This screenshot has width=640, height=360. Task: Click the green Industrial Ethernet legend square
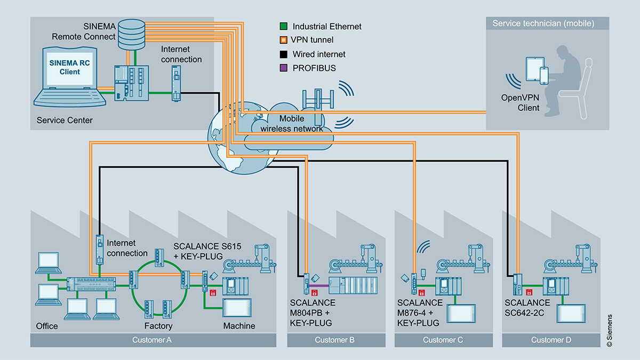point(284,26)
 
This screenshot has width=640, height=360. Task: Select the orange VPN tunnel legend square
point(284,40)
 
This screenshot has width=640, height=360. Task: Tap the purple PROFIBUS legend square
point(284,68)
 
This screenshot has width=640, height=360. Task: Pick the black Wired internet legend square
point(284,54)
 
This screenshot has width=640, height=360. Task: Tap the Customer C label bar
point(443,340)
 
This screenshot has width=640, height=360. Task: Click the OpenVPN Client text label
point(520,103)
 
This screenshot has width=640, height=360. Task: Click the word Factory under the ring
point(158,325)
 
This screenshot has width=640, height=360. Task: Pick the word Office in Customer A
point(47,325)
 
